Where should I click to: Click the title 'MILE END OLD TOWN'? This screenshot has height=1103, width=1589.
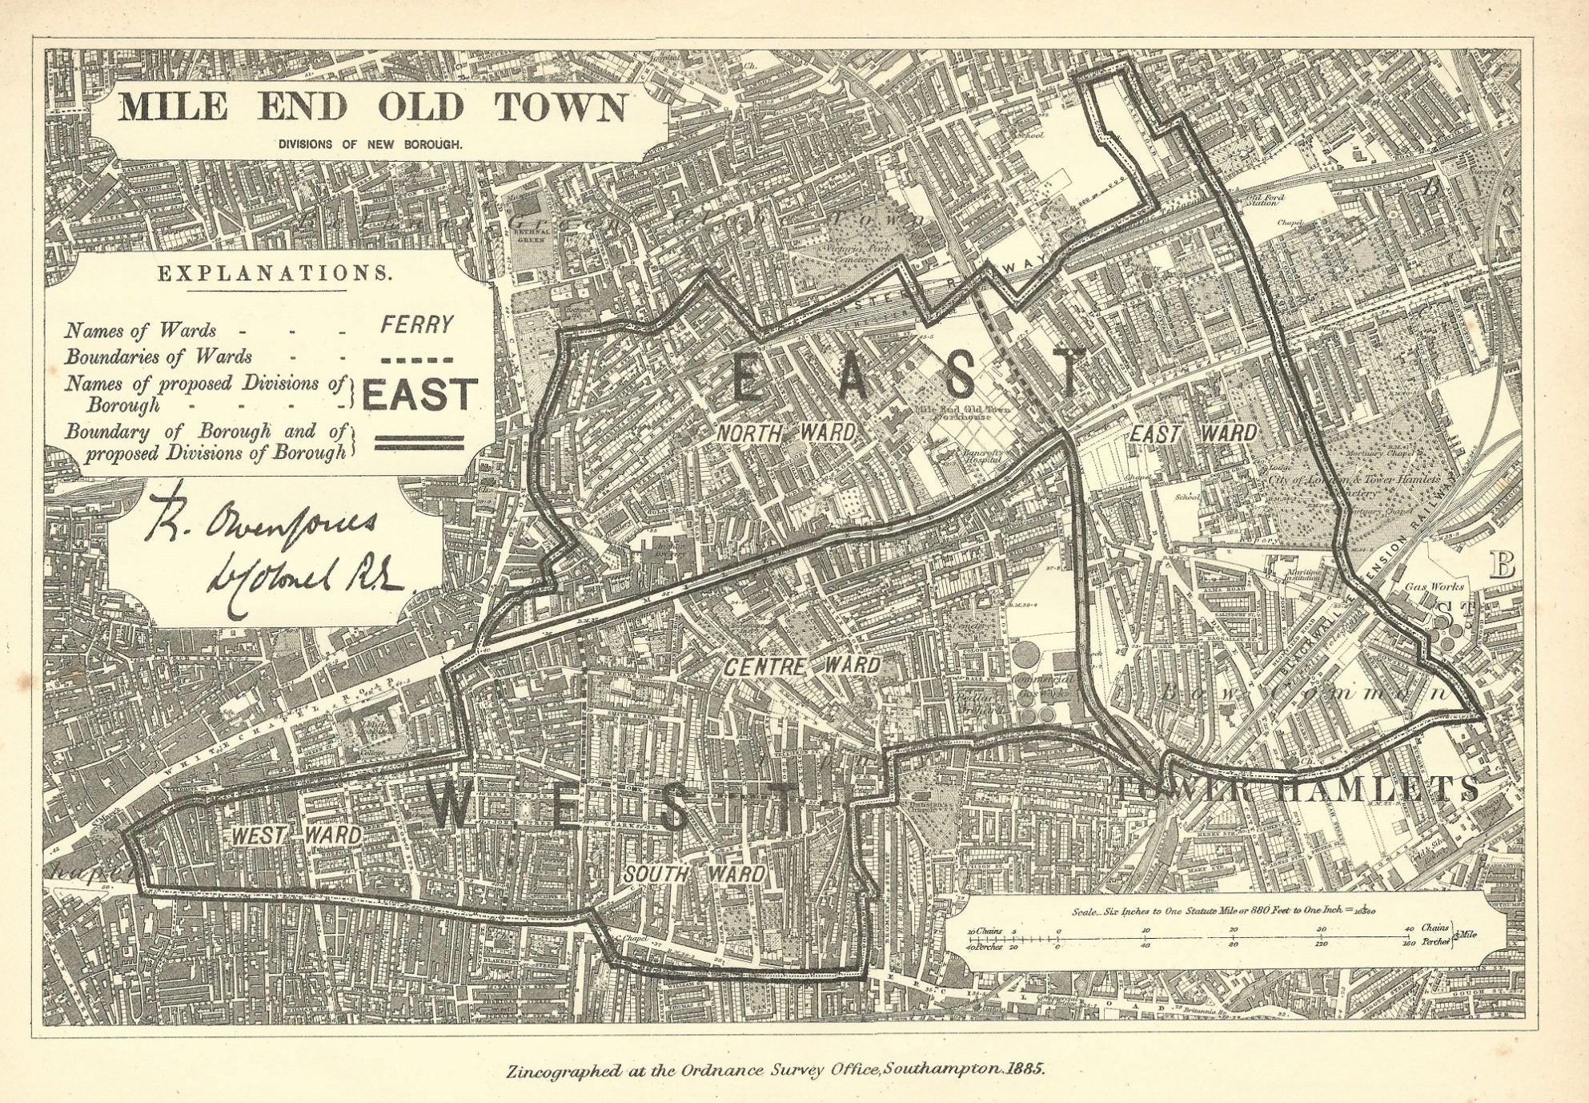coord(373,107)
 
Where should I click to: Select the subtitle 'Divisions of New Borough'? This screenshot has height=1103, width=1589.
coord(370,145)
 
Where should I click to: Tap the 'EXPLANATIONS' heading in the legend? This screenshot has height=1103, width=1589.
coord(275,273)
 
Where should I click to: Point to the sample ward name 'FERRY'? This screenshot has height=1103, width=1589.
coord(416,325)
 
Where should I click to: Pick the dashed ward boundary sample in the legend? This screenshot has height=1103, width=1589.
coord(416,360)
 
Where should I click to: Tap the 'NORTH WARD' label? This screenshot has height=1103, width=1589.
coord(784,433)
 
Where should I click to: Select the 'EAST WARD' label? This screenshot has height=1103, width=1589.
coord(1192,433)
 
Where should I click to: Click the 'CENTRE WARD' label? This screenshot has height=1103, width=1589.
coord(802,665)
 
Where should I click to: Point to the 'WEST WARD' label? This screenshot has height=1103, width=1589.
coord(296,835)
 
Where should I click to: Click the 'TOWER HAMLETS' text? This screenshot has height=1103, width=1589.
coord(1297,789)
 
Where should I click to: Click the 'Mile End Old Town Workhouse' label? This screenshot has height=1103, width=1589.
coord(961,413)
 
